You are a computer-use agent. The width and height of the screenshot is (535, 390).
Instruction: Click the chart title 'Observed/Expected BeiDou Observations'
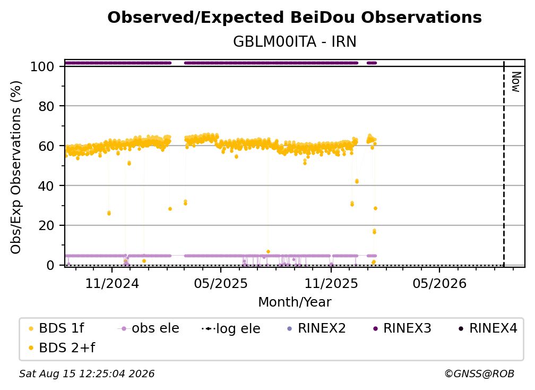[295, 18]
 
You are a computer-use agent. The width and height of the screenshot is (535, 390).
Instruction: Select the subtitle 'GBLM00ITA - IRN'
[295, 41]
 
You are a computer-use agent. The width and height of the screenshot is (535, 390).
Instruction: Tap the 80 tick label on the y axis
[46, 106]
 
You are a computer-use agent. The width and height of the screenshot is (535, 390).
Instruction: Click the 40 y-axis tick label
[46, 186]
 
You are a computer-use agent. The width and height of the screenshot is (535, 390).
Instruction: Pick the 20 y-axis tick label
[46, 225]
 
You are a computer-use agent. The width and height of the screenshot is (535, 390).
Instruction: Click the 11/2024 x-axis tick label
[112, 283]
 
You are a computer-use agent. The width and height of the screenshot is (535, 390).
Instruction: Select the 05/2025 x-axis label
[221, 283]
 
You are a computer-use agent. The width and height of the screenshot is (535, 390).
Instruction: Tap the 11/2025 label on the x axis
[331, 283]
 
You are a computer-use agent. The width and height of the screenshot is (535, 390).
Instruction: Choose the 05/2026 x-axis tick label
[439, 283]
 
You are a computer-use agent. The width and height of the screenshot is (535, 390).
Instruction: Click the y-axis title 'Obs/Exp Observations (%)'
[16, 167]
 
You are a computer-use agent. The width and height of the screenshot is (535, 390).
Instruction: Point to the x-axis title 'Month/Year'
[295, 302]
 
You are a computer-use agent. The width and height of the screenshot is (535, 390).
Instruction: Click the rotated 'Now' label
[516, 82]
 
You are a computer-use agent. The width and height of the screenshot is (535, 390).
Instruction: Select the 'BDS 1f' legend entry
[56, 328]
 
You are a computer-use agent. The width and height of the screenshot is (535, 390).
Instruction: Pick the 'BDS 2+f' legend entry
[62, 347]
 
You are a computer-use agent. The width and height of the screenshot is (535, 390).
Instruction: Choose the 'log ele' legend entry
[231, 328]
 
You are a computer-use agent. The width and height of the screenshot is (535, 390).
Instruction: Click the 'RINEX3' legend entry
[402, 328]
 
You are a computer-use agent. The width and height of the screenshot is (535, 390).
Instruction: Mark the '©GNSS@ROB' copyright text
[479, 374]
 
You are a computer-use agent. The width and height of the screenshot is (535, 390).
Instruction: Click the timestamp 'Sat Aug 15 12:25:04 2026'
[87, 374]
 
